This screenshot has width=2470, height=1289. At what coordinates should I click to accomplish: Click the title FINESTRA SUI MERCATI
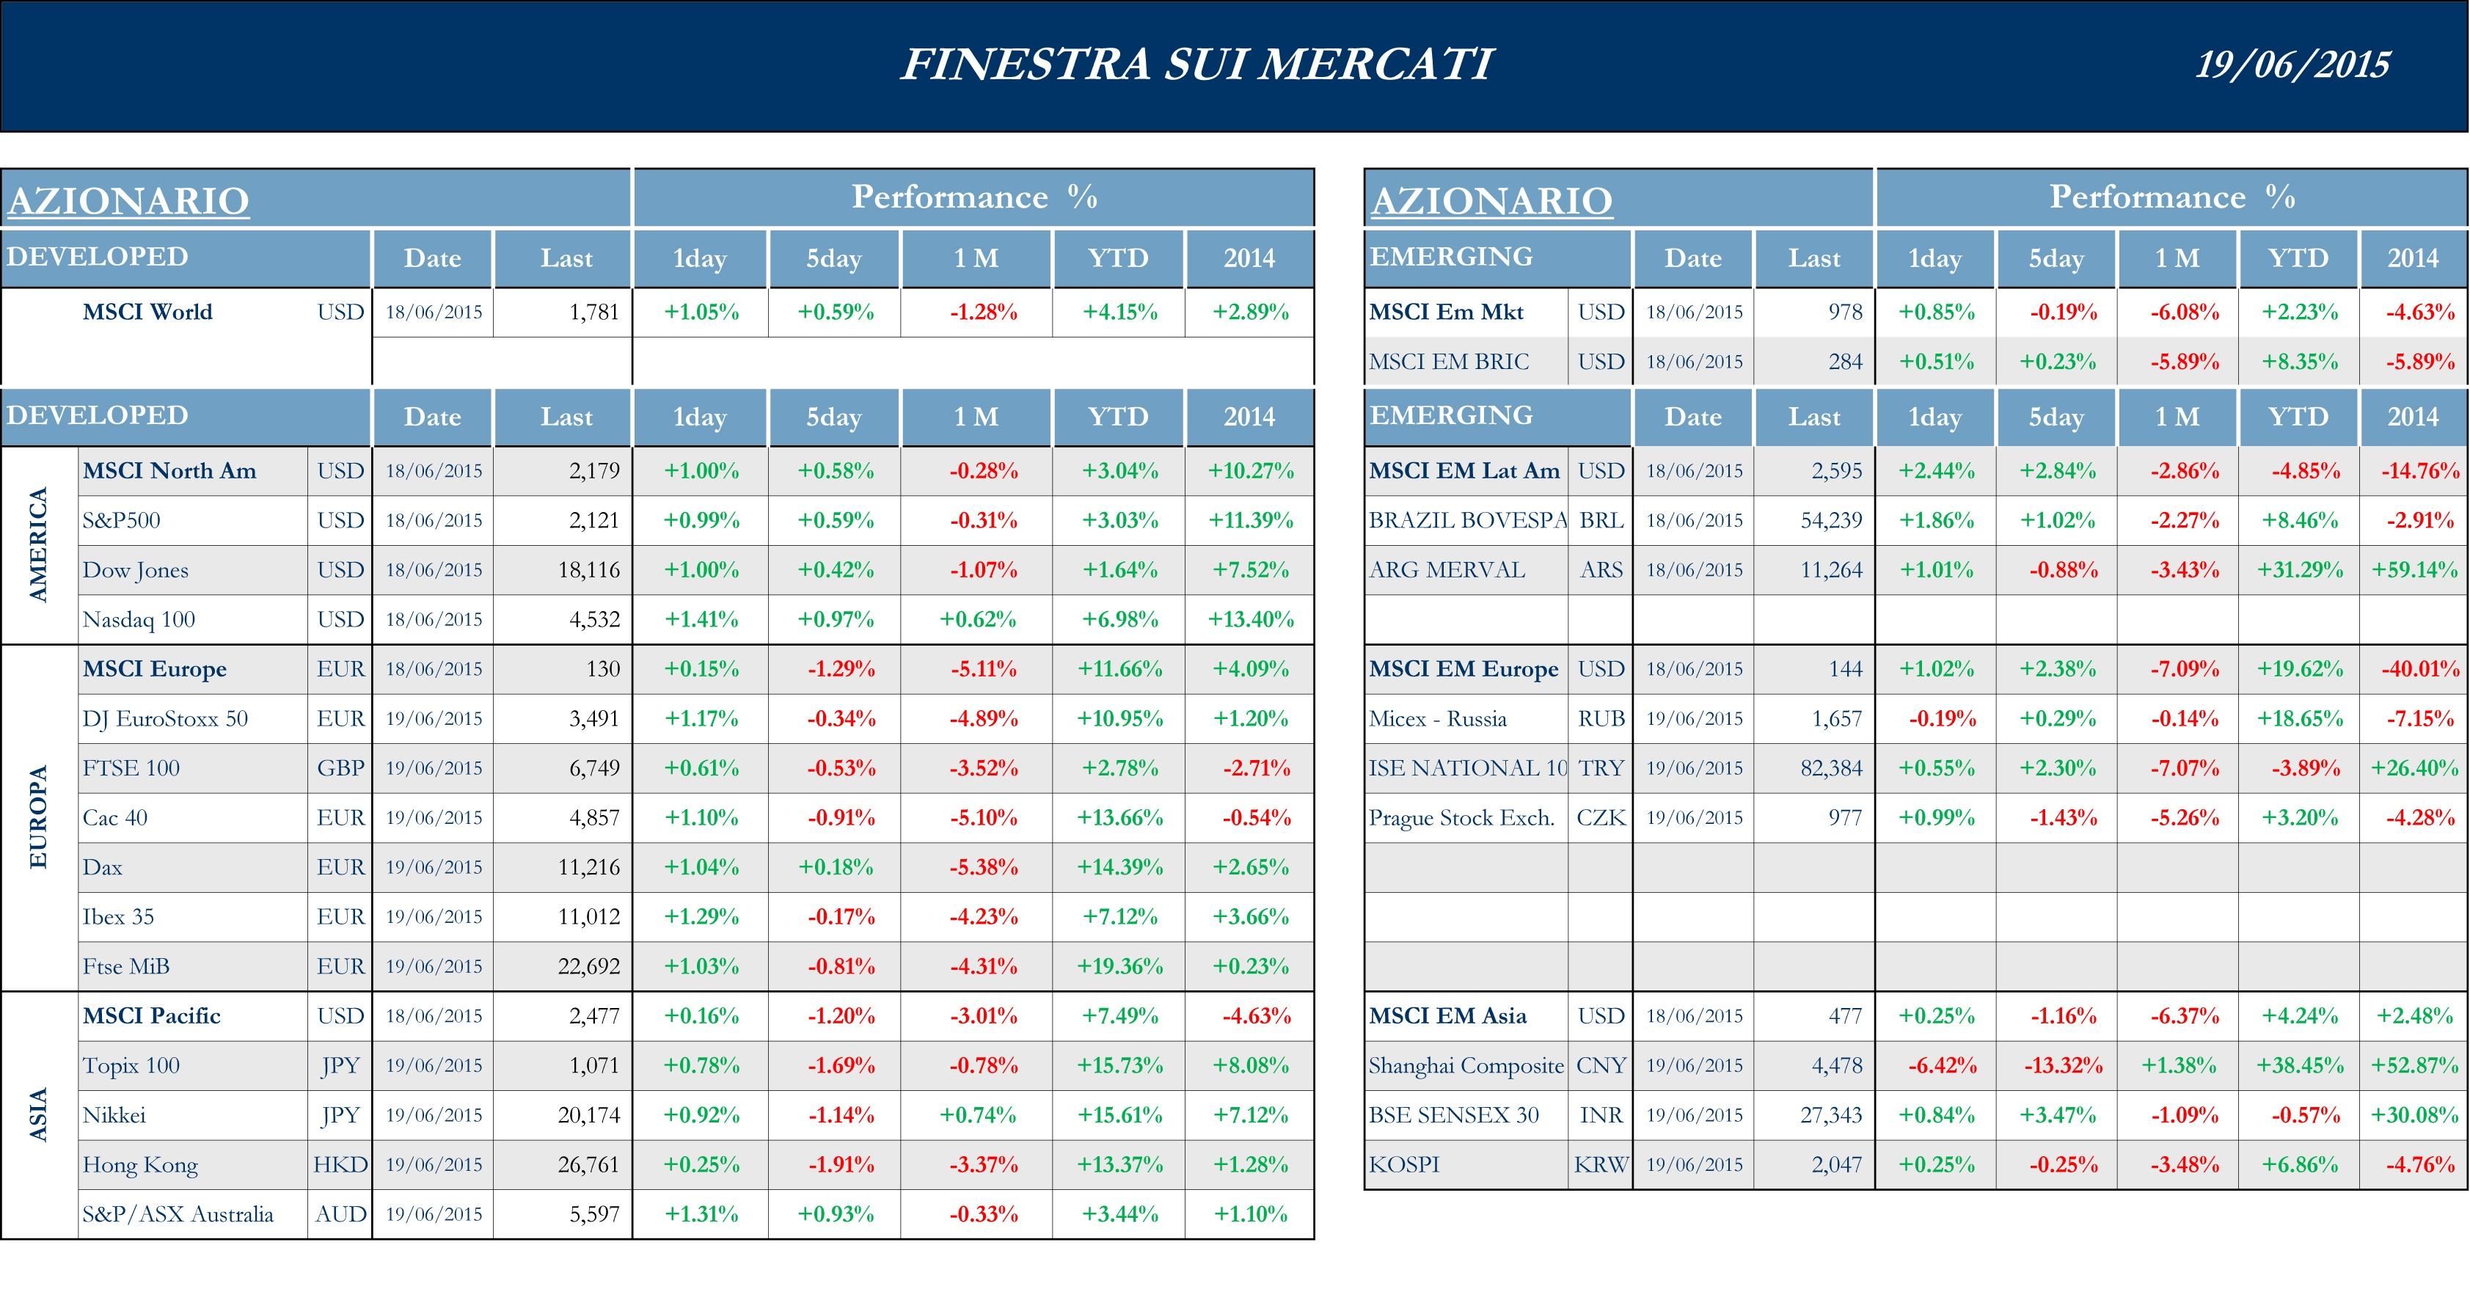click(x=1196, y=65)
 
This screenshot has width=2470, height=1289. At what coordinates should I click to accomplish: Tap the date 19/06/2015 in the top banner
click(x=2292, y=65)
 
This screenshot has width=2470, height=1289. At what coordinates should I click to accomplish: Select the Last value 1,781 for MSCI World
click(x=593, y=312)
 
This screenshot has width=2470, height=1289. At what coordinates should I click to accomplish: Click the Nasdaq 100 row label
click(x=139, y=620)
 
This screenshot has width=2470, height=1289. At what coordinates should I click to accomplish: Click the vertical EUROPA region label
click(x=38, y=817)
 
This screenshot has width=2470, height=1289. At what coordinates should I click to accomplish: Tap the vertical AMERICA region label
click(x=38, y=545)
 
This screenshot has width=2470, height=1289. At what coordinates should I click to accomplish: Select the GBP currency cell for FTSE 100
click(x=340, y=768)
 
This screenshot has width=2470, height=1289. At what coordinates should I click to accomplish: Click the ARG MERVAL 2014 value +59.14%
click(x=2414, y=570)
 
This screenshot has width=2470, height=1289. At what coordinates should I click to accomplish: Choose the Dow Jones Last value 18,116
click(x=589, y=570)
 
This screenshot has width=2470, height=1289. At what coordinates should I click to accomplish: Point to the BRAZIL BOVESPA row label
click(x=1467, y=521)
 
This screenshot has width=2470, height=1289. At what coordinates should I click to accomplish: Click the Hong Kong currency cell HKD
click(x=340, y=1164)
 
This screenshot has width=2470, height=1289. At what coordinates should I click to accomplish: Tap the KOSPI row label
click(x=1404, y=1164)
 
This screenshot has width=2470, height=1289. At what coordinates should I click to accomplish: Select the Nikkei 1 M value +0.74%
click(x=977, y=1115)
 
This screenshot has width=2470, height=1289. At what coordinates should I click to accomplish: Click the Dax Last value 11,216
click(x=589, y=867)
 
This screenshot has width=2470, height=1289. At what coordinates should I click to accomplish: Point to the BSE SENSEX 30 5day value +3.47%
click(x=2057, y=1115)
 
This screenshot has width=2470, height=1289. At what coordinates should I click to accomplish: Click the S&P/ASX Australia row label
click(x=178, y=1214)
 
